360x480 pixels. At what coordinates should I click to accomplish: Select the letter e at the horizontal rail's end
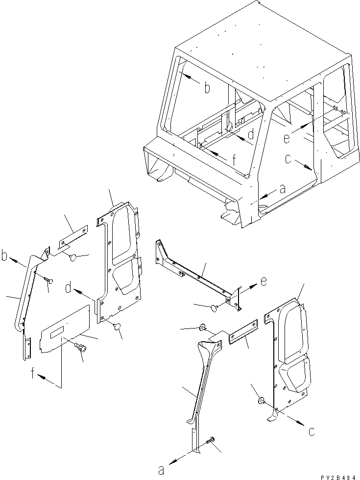[x=264, y=282]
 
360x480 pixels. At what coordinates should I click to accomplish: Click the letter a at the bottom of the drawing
[x=161, y=470]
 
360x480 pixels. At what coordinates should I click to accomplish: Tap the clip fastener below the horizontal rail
[x=215, y=307]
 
